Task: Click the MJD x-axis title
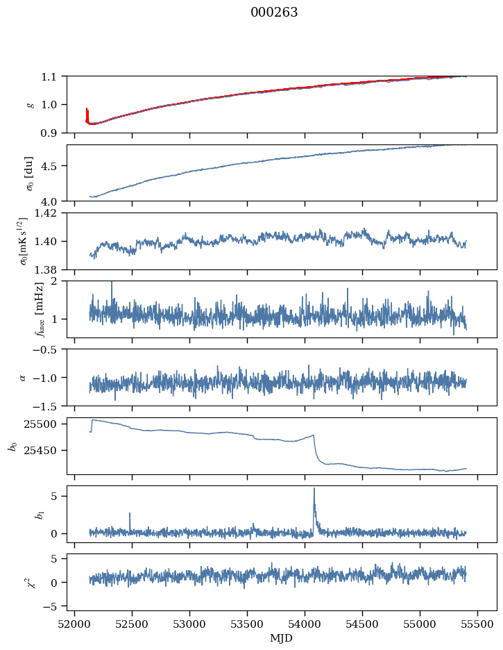[282, 638]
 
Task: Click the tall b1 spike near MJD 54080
[314, 490]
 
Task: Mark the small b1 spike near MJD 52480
[130, 515]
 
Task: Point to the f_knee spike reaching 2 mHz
[111, 284]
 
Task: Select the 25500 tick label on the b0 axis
[45, 424]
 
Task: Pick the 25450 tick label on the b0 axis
[45, 450]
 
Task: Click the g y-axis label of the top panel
[29, 104]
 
